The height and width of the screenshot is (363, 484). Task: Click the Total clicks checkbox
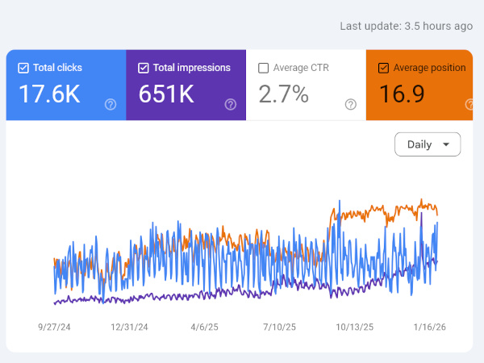click(x=23, y=69)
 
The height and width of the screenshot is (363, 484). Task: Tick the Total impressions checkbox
click(x=144, y=69)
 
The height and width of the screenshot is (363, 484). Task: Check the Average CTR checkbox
click(x=264, y=69)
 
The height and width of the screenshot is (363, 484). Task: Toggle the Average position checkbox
click(x=383, y=69)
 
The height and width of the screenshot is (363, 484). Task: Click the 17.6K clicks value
click(x=49, y=94)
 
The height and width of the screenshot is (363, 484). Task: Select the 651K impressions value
click(x=166, y=94)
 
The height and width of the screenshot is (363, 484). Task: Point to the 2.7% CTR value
click(x=283, y=94)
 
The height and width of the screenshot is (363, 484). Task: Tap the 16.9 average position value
click(x=402, y=94)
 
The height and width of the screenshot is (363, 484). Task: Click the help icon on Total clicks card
click(x=111, y=104)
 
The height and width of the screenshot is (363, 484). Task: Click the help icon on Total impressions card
click(x=231, y=104)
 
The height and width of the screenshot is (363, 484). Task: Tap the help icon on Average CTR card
click(x=351, y=104)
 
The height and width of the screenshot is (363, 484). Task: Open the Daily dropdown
click(x=428, y=144)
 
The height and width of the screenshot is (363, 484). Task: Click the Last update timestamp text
click(x=406, y=26)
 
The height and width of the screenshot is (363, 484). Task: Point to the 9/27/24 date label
click(x=55, y=328)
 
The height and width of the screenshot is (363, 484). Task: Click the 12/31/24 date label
click(x=129, y=328)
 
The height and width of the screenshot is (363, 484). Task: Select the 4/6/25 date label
click(x=205, y=328)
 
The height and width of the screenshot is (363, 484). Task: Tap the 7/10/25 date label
click(x=279, y=328)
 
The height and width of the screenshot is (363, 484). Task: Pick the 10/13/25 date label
click(x=354, y=328)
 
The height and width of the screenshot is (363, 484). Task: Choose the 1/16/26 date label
click(x=430, y=328)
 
